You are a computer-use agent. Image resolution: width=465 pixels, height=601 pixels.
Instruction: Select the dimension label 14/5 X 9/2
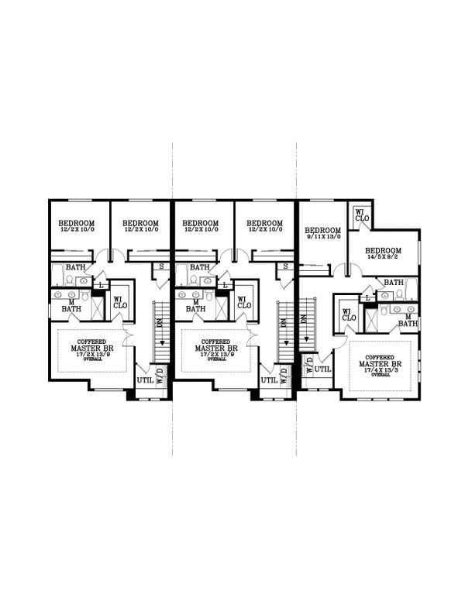(383, 259)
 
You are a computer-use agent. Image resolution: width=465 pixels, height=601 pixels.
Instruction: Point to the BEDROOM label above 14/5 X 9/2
(383, 250)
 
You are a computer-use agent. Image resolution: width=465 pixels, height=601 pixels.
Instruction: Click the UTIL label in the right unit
(324, 369)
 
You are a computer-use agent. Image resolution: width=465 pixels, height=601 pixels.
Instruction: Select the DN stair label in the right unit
(310, 325)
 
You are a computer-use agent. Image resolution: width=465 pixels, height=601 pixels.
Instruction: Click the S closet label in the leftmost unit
(161, 266)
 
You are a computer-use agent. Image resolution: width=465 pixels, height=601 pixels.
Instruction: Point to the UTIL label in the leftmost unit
(145, 380)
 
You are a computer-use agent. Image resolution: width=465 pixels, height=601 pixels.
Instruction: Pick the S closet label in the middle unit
(285, 266)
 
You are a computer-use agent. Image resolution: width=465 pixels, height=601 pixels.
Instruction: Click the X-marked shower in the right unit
(371, 318)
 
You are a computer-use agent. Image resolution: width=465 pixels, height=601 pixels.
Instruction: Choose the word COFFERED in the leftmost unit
(93, 341)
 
